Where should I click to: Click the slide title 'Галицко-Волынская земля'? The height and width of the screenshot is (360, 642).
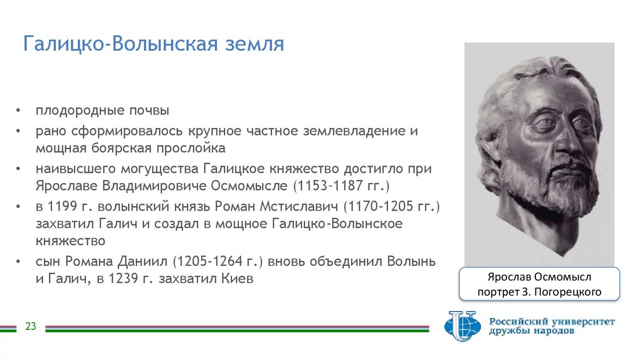[154, 45]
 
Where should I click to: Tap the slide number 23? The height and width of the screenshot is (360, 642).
[31, 327]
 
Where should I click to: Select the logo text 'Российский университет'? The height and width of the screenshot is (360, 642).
[552, 321]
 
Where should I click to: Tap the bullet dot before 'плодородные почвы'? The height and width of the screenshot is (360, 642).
[20, 112]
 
